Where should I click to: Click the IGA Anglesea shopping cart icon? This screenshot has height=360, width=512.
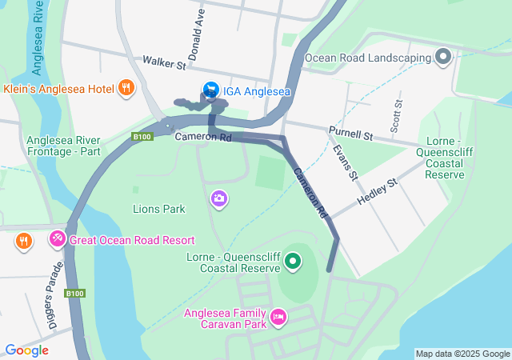[210, 90]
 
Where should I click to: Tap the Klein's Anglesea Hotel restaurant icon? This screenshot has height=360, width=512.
[126, 87]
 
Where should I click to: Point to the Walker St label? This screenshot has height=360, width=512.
[164, 61]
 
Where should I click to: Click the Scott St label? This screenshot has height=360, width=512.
[396, 115]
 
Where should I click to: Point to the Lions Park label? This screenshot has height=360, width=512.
[158, 209]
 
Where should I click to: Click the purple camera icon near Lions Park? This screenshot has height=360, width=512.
[218, 198]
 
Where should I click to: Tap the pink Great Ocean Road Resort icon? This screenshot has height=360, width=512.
[57, 239]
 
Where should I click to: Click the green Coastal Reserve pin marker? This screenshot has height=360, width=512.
[293, 260]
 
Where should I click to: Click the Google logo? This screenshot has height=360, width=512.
[26, 350]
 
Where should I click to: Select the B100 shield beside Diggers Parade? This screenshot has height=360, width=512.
[74, 294]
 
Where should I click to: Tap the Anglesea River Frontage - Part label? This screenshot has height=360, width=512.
[63, 145]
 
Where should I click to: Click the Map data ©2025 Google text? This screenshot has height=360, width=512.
[462, 354]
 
